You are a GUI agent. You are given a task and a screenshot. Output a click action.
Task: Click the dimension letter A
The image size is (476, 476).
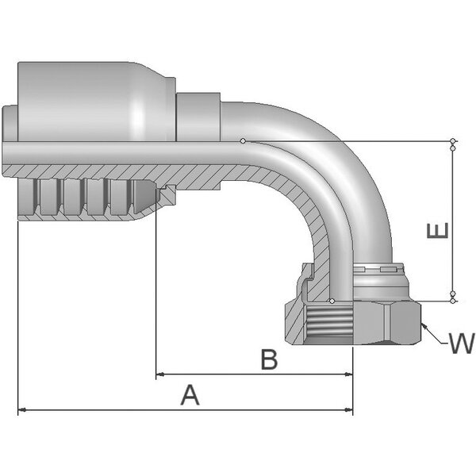coord(190,394)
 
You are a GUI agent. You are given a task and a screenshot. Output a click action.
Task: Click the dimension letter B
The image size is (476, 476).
coord(270,359)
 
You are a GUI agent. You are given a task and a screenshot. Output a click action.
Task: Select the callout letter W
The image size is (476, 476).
coord(460,344)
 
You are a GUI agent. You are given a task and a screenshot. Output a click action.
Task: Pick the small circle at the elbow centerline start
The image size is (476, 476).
coord(244,142)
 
